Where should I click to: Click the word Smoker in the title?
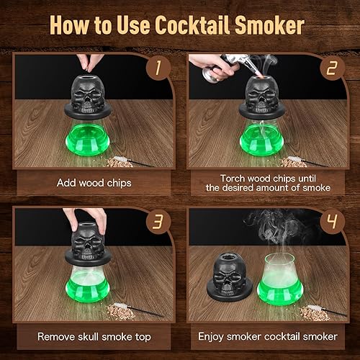coord(269,26)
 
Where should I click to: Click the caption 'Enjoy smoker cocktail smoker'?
coord(268,336)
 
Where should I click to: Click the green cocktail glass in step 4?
coord(279,277)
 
